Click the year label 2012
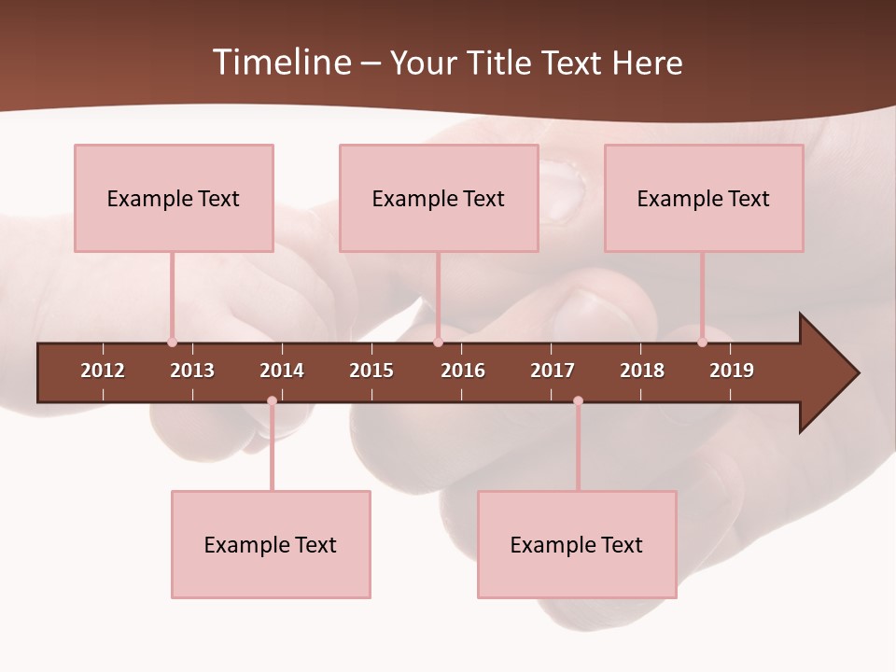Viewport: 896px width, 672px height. (x=103, y=371)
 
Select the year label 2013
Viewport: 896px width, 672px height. (x=192, y=371)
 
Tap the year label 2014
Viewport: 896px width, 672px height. (x=282, y=371)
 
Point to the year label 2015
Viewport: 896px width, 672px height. (x=371, y=371)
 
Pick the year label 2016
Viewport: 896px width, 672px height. (x=463, y=371)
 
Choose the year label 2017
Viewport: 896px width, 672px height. (x=553, y=371)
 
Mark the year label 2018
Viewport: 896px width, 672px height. (x=642, y=371)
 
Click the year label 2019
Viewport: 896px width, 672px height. (x=732, y=371)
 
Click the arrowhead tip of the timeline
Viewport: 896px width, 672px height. (x=856, y=373)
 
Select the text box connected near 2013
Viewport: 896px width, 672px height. (x=174, y=198)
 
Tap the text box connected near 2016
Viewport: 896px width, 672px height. (x=439, y=198)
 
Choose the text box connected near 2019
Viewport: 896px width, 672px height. (x=704, y=198)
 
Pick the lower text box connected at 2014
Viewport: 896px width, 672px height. (x=271, y=544)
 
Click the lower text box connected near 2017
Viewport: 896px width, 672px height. (x=577, y=544)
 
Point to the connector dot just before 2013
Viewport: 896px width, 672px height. (x=172, y=342)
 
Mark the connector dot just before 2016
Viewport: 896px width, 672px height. (x=438, y=342)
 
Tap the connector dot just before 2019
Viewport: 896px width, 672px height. (x=702, y=342)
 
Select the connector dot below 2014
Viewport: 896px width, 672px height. (x=272, y=401)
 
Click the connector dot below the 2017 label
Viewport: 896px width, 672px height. (x=578, y=401)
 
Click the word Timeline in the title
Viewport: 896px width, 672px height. (x=281, y=63)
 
